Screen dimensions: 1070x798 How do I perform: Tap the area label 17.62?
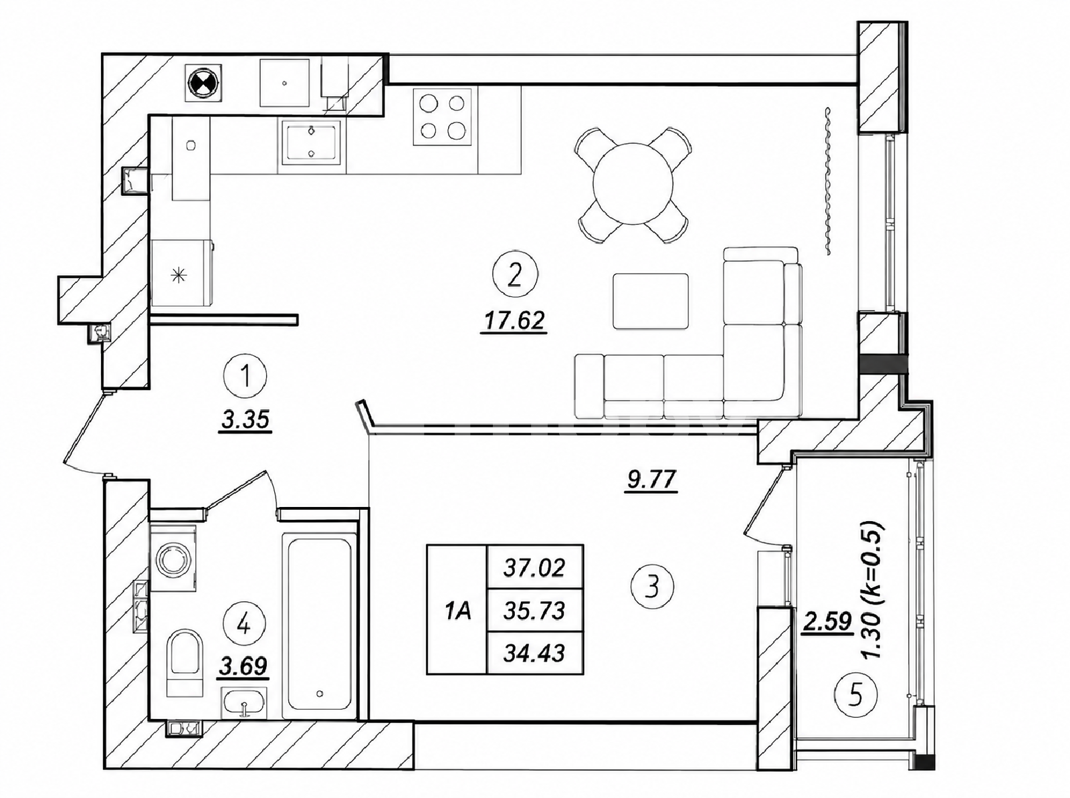(514, 321)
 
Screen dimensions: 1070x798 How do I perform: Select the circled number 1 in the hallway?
(245, 377)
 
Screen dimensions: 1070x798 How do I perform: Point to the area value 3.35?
(245, 420)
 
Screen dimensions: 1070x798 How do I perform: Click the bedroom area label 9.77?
(651, 480)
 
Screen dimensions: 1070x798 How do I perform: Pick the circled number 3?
(652, 587)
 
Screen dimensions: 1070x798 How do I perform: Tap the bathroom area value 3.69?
(243, 666)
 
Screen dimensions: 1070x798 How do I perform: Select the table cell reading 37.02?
(534, 568)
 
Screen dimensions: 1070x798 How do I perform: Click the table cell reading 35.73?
(534, 611)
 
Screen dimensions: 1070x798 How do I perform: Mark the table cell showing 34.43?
(534, 654)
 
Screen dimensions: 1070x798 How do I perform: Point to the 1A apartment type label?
(457, 610)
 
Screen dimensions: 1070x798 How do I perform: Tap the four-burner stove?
(443, 117)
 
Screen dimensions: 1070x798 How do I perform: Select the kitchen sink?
(312, 142)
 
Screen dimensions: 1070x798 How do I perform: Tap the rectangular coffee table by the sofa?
(651, 301)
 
